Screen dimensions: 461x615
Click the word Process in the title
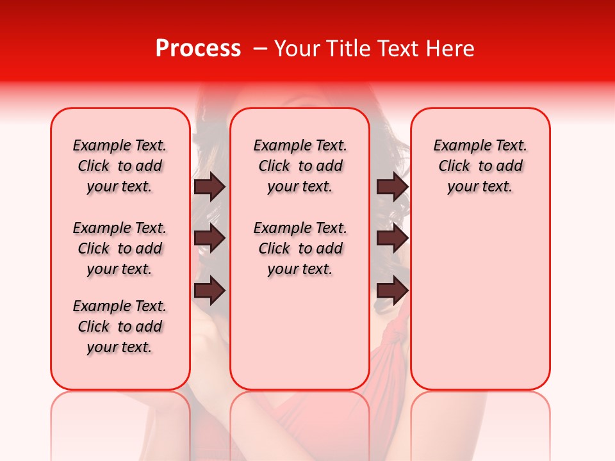click(198, 49)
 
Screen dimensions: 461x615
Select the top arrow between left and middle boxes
click(209, 186)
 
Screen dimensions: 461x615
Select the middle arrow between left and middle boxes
click(209, 238)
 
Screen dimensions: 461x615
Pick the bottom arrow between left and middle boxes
click(209, 291)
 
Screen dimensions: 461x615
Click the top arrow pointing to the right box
click(393, 186)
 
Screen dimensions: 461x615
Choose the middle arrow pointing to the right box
click(393, 238)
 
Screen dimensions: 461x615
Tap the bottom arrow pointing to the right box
click(393, 291)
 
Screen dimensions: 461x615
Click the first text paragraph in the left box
click(119, 166)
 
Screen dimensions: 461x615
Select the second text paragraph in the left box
click(119, 248)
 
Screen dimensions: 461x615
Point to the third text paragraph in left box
click(119, 327)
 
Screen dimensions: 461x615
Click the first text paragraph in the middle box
click(300, 166)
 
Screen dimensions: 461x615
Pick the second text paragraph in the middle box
click(300, 248)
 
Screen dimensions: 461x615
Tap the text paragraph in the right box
click(480, 166)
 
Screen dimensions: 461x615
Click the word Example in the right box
click(457, 146)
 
